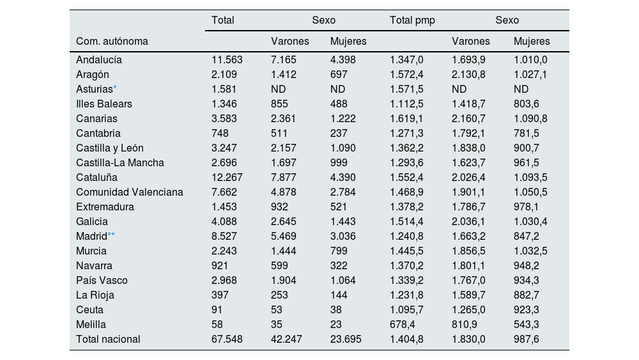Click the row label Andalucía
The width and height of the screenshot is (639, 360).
tap(98, 59)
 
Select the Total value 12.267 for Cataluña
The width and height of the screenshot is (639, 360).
tap(227, 177)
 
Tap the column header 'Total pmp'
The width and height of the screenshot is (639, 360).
tap(412, 20)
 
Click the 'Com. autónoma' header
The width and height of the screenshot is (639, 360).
tap(112, 41)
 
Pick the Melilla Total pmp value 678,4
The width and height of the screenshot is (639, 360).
tap(403, 324)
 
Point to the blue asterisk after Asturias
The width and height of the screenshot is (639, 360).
tap(115, 88)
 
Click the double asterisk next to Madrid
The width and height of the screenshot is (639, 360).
tap(111, 235)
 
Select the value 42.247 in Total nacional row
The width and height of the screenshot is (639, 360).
tap(286, 339)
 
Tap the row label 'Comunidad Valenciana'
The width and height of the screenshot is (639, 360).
tap(129, 192)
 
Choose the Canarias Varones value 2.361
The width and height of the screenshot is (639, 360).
tap(284, 118)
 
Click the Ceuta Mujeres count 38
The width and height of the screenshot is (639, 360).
tap(336, 309)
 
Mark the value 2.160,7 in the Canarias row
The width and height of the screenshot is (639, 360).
tap(468, 118)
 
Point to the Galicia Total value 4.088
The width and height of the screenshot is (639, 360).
tap(224, 221)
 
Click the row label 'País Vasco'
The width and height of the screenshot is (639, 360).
tap(102, 280)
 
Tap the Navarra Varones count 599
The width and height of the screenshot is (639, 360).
tap(279, 265)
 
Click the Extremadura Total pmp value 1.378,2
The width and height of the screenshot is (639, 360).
tap(406, 207)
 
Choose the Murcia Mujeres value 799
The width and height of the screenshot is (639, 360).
tap(339, 251)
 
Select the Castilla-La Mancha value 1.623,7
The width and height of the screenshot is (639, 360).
tap(468, 162)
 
